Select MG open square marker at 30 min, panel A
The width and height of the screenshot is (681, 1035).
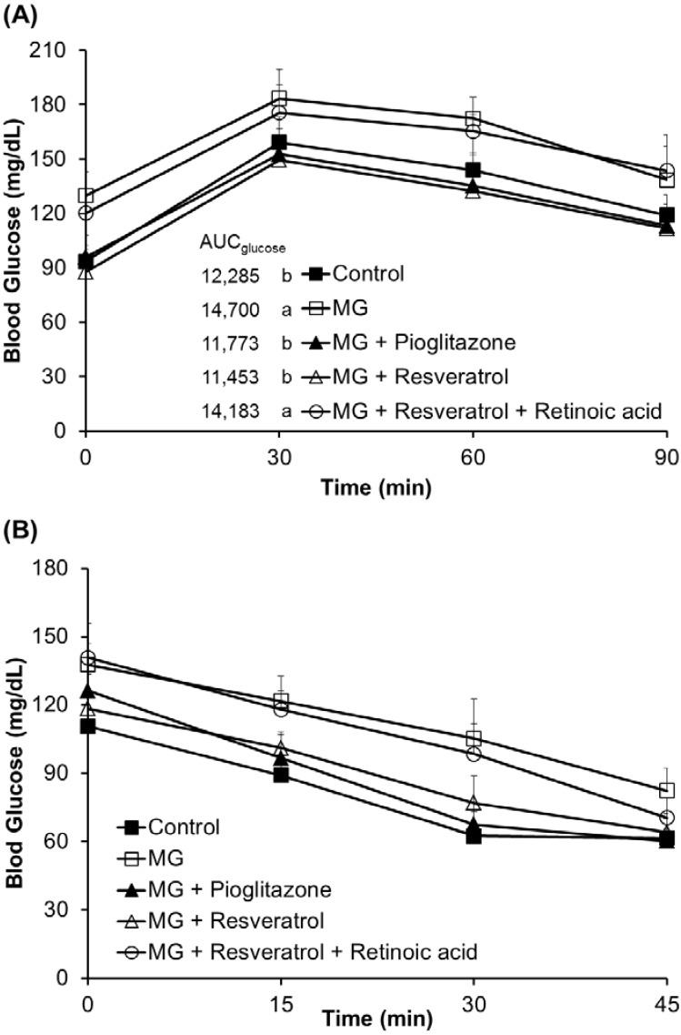[279, 98]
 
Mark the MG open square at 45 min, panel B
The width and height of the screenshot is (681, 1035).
[666, 790]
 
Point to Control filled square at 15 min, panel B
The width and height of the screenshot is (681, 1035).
[281, 775]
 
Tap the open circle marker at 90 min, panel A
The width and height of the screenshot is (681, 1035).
[666, 171]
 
